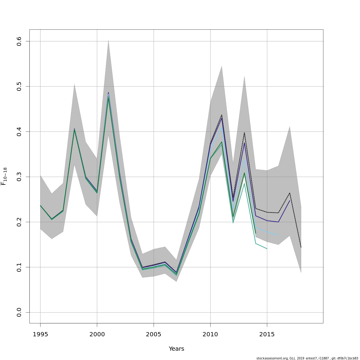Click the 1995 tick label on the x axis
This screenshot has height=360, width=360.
click(40, 334)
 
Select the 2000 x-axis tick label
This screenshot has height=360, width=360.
click(97, 334)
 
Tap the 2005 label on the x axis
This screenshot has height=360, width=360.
click(154, 334)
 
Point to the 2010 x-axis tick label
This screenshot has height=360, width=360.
click(210, 334)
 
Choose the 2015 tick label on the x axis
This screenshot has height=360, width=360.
click(267, 334)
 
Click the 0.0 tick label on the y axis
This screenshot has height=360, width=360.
click(19, 312)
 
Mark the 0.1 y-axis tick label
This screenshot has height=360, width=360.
click(19, 267)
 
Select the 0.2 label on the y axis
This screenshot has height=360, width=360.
click(19, 222)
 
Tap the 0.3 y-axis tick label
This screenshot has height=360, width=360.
click(19, 177)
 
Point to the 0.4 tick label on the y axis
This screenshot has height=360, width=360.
click(19, 131)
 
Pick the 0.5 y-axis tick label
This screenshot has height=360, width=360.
click(19, 86)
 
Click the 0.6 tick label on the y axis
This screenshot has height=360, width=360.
click(19, 41)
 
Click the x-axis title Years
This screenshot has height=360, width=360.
click(176, 349)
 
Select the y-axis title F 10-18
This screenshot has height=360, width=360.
click(4, 176)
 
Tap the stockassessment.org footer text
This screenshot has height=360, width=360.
click(307, 358)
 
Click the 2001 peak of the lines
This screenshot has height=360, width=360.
click(108, 94)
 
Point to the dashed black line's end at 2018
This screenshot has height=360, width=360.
click(301, 247)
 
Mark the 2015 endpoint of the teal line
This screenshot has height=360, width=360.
click(267, 249)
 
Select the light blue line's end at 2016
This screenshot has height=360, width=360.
click(278, 235)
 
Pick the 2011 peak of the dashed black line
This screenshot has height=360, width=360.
click(222, 115)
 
